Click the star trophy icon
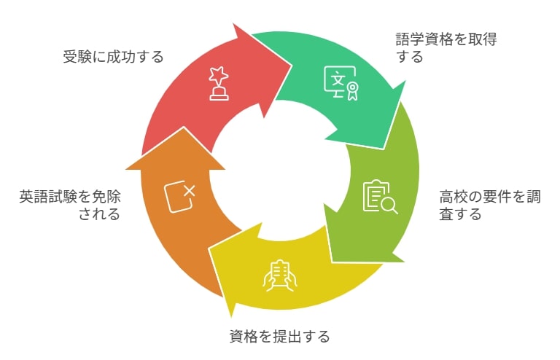pyautogui.click(x=219, y=83)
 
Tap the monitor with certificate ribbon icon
pyautogui.click(x=341, y=83)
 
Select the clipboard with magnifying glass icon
pyautogui.click(x=380, y=197)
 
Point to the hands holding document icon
pyautogui.click(x=280, y=275)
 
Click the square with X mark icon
pyautogui.click(x=179, y=197)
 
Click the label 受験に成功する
pyautogui.click(x=113, y=57)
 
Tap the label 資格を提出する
pyautogui.click(x=279, y=337)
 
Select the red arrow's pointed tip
pyautogui.click(x=292, y=66)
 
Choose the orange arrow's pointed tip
pyautogui.click(x=183, y=128)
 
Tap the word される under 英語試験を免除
pyautogui.click(x=99, y=214)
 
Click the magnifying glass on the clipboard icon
pyautogui.click(x=389, y=206)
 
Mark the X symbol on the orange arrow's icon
pyautogui.click(x=189, y=191)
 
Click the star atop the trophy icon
pyautogui.click(x=219, y=74)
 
